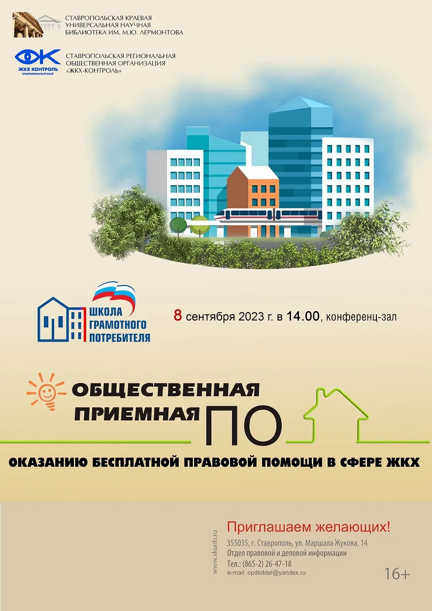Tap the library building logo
coord(35,25)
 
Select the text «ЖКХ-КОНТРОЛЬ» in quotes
coord(94,70)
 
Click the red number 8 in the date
coord(178,316)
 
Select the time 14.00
coord(302,316)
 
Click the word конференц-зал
coord(362,317)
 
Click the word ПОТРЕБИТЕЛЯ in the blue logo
coord(120,337)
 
